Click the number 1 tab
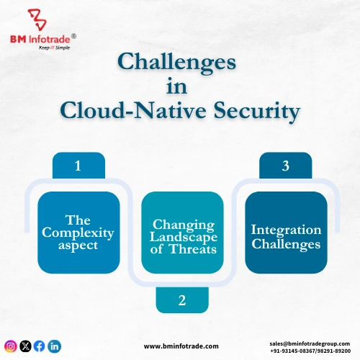78,166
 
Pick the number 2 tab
181,300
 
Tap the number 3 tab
285,166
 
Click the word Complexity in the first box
78,233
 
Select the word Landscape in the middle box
181,238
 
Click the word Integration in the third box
286,230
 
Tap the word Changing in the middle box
181,224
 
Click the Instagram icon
11,346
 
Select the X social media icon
25,346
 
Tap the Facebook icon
40,346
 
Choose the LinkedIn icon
55,346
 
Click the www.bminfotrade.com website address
181,346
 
